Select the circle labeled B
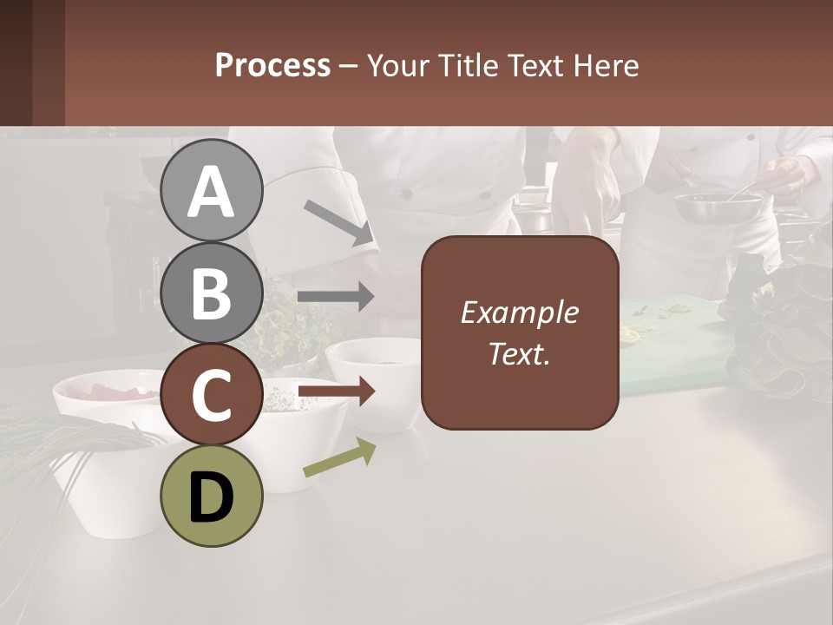211,293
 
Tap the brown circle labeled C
211,394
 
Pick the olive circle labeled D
211,496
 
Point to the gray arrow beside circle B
336,297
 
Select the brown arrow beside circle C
336,392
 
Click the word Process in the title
272,66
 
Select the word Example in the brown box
519,312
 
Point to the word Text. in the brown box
519,353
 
